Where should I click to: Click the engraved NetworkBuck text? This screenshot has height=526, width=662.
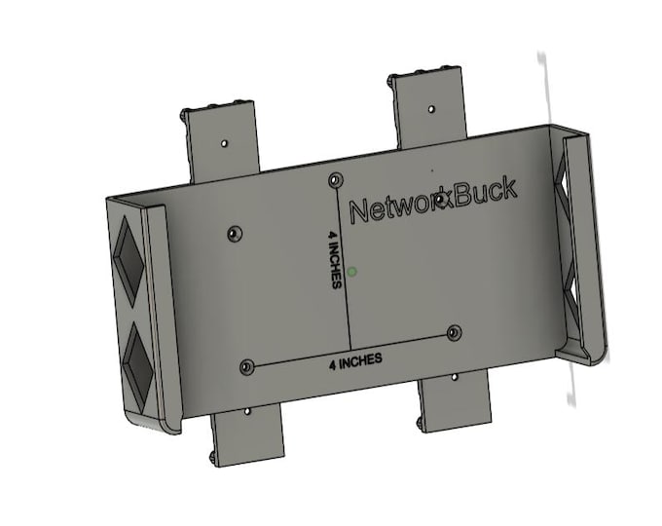coord(432,203)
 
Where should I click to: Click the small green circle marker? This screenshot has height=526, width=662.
coord(352,272)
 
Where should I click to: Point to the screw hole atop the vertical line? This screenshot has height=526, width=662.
coord(336,179)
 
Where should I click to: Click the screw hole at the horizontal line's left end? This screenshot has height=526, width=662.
coord(246,367)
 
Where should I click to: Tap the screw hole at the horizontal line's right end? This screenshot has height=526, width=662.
coord(454,333)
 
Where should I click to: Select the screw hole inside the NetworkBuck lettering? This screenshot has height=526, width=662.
coord(442,201)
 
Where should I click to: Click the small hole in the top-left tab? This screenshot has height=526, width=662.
coord(225,142)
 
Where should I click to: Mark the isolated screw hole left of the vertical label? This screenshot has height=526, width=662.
coord(233,234)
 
